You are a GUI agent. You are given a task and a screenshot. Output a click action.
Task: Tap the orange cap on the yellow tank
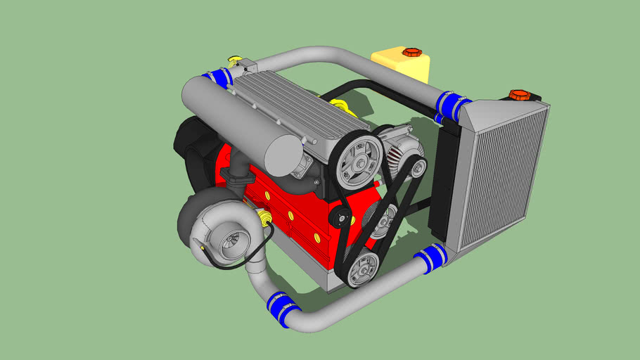tap(409, 52)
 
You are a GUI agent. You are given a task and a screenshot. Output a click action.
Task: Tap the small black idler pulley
tap(343, 217)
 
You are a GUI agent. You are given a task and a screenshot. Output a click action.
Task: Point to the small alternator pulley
tap(417, 168)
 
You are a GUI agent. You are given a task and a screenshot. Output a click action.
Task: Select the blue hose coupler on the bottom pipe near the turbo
tap(281, 309)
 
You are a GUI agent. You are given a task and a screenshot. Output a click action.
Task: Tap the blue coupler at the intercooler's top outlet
tap(450, 105)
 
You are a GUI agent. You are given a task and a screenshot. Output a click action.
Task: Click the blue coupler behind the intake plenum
tap(219, 77)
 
